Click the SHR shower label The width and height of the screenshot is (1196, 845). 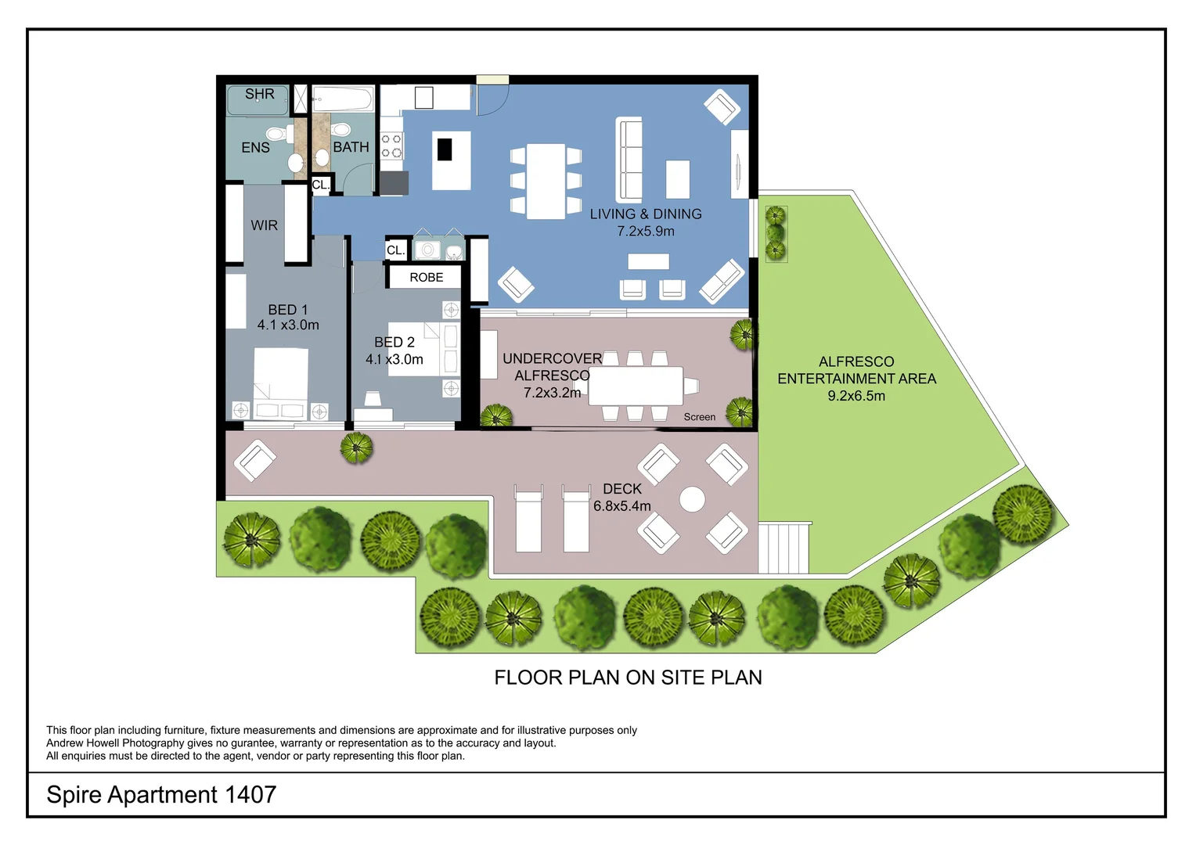point(260,94)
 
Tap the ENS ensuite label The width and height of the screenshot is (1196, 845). point(255,148)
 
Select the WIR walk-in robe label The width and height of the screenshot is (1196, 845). point(264,225)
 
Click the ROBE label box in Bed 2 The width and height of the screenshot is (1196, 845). point(426,278)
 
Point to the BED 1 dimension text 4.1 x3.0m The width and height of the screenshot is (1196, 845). point(288,325)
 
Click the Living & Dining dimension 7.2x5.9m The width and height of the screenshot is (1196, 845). point(646,231)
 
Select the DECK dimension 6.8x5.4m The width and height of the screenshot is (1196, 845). point(622,506)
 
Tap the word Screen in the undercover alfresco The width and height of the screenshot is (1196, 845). point(700,417)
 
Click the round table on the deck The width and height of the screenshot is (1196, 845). point(692,500)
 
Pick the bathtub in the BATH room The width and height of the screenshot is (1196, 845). point(343,100)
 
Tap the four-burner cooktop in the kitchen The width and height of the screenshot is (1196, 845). point(392,146)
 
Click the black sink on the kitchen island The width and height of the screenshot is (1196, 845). point(445,149)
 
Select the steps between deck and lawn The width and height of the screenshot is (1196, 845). point(784,548)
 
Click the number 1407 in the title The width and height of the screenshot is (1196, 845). point(250,794)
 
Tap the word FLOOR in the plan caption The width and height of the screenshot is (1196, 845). point(528,678)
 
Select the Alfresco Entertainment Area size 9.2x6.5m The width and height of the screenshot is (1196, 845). point(856,396)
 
